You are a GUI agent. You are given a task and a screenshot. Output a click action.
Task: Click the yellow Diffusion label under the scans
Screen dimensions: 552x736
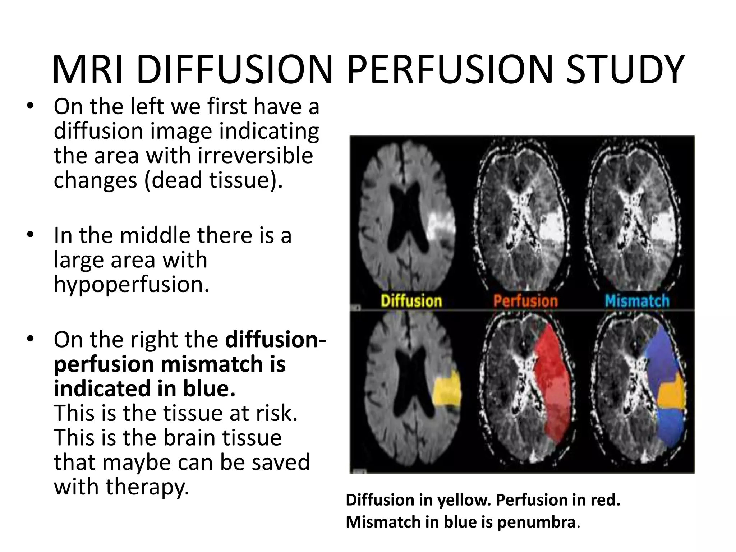coord(411,301)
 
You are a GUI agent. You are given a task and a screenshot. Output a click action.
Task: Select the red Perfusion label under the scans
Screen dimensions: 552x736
coord(525,301)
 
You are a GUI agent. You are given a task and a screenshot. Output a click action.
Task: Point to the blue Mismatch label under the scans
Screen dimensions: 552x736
coord(637,301)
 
